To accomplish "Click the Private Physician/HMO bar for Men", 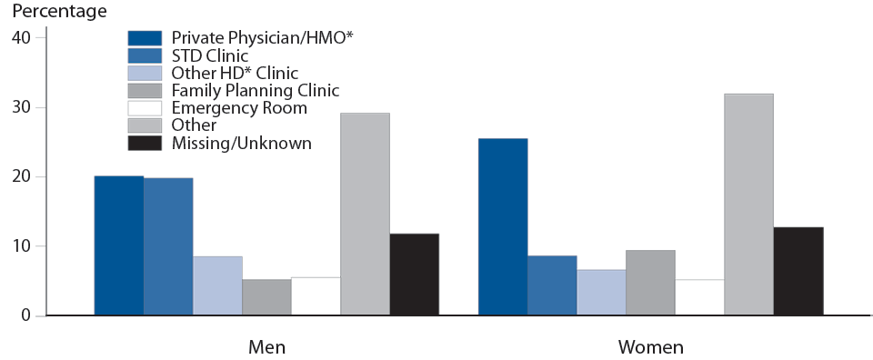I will tap(118, 245).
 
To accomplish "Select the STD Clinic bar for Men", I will tap(168, 246).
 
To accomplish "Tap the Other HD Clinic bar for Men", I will tap(217, 285).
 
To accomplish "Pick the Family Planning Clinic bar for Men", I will tap(266, 297).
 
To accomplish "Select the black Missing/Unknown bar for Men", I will tap(414, 275).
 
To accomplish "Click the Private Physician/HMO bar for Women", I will tap(502, 227).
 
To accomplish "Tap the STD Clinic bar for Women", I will tap(552, 285).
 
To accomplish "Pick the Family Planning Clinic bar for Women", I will tap(650, 283).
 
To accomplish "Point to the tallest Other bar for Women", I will tap(748, 205).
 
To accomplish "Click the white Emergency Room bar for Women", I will tap(699, 297).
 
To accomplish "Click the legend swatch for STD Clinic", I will tap(145, 55).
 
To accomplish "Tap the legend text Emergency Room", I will tap(239, 108).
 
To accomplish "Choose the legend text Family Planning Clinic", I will tap(255, 90).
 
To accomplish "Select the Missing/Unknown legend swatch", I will tap(145, 143).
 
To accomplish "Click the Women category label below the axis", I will tap(650, 347).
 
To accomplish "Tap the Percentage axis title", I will tap(54, 12).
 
